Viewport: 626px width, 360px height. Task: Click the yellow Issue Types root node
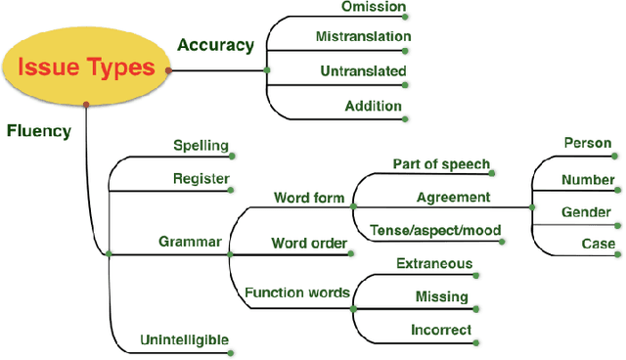click(86, 67)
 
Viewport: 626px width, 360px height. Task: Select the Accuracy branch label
click(214, 44)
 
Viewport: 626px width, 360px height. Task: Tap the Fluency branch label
click(38, 130)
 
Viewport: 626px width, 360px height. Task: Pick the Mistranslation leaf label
click(362, 37)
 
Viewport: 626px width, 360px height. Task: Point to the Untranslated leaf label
click(363, 70)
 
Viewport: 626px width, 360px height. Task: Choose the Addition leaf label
click(372, 105)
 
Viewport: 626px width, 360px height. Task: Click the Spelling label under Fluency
click(201, 146)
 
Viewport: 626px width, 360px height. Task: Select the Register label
click(201, 179)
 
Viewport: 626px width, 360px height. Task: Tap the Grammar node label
click(190, 241)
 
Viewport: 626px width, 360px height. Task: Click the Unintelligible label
click(185, 340)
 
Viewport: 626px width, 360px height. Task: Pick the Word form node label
click(308, 198)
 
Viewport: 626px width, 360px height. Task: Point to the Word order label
click(309, 242)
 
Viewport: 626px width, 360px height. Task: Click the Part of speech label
click(441, 163)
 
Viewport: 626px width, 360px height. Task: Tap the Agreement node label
click(453, 197)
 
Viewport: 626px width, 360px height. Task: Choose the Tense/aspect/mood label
click(435, 231)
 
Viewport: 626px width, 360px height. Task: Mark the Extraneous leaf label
click(434, 263)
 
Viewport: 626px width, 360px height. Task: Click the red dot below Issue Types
click(87, 104)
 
